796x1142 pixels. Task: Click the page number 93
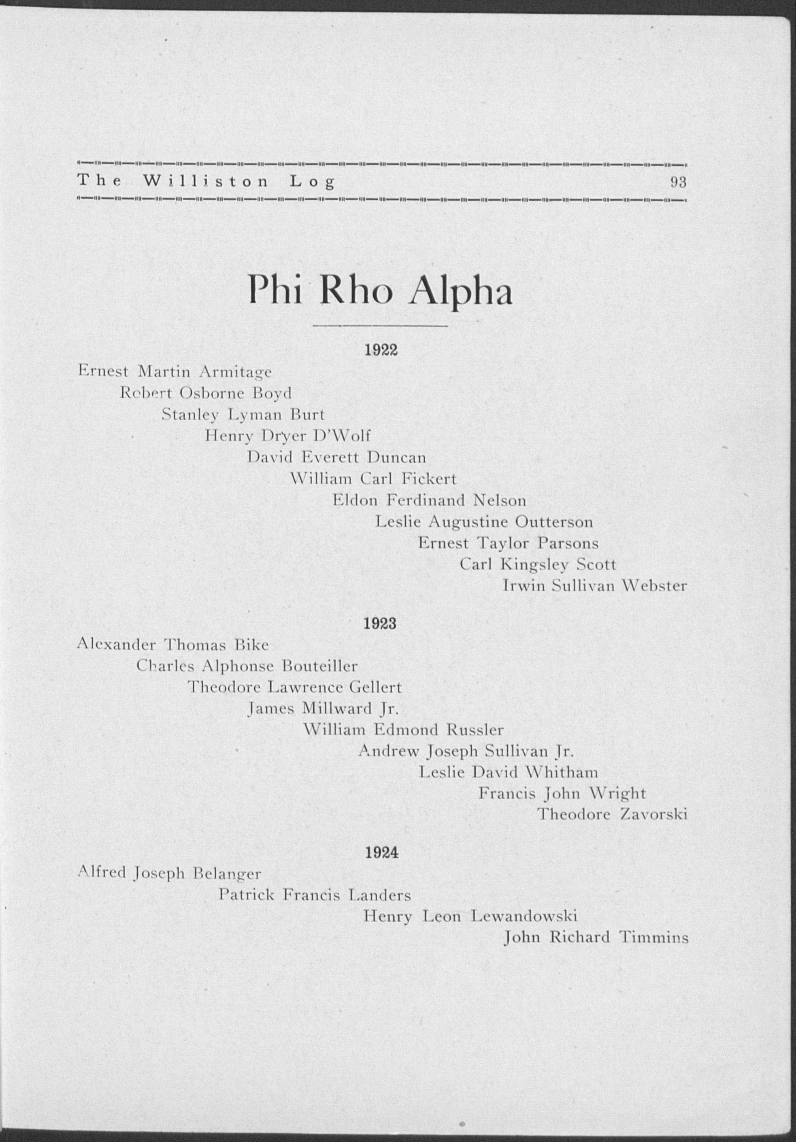point(678,182)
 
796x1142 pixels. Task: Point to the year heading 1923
point(381,624)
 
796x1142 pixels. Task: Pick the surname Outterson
point(554,522)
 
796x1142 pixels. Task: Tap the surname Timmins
point(653,938)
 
